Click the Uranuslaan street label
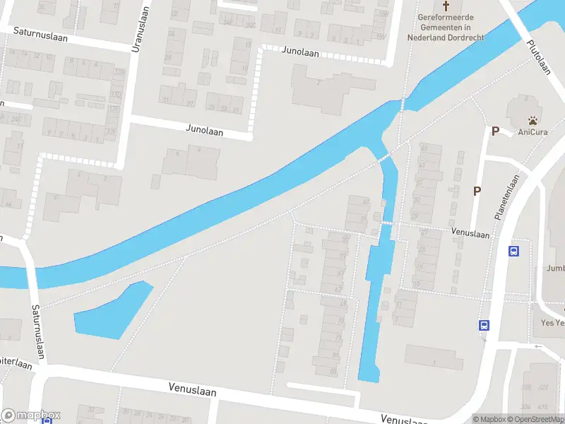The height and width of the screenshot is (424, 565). click(x=142, y=30)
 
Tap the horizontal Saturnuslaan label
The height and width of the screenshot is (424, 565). click(x=41, y=33)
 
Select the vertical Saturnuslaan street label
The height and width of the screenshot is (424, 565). click(x=37, y=331)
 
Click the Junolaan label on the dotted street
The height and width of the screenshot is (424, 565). click(x=300, y=53)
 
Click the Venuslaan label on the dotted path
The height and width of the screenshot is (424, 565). click(x=470, y=234)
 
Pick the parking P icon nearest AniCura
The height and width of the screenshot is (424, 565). click(x=496, y=131)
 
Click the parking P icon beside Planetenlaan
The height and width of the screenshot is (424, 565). click(x=478, y=191)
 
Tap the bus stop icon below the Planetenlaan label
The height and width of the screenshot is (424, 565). click(x=514, y=251)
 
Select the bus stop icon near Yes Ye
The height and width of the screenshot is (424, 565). click(x=484, y=326)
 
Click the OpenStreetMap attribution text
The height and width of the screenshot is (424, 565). click(x=537, y=420)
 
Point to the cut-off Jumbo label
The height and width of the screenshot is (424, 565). click(x=555, y=269)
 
